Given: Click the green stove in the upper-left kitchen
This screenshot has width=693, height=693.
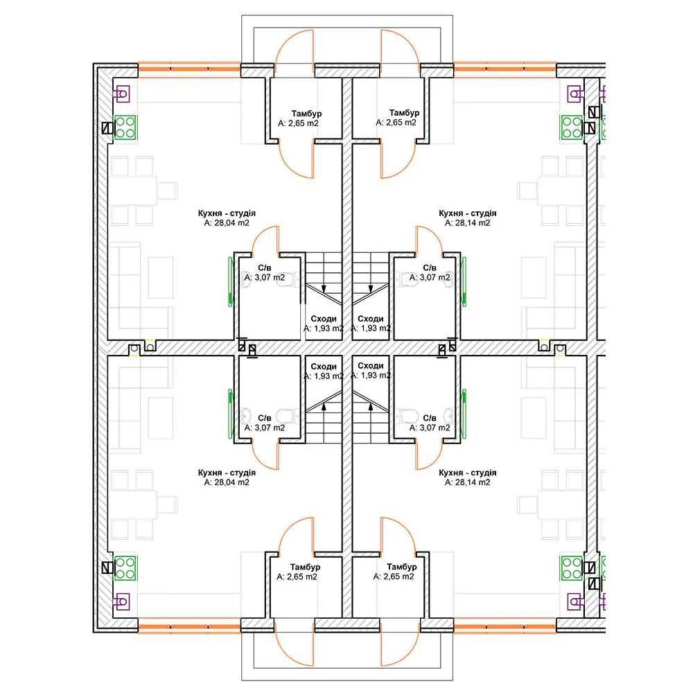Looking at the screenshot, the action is pos(125,128).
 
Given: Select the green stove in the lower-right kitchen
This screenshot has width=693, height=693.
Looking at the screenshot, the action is pos(572,568).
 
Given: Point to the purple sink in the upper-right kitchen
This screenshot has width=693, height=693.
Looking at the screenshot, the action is pos(575,94).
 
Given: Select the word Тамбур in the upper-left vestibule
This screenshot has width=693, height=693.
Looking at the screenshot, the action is pos(306,114).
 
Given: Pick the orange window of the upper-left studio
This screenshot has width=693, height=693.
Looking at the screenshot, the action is pos(190,69).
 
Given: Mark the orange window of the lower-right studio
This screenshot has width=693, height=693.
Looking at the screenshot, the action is pos(505,625).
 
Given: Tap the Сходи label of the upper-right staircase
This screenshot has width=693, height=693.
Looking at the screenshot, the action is pos(370,319).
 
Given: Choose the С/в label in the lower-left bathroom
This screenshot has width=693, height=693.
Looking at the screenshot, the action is pos(264,418).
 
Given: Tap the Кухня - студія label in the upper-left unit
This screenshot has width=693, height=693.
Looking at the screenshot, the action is pos(227,213).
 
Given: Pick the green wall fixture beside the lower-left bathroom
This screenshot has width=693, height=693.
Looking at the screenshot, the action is pos(230,414).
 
